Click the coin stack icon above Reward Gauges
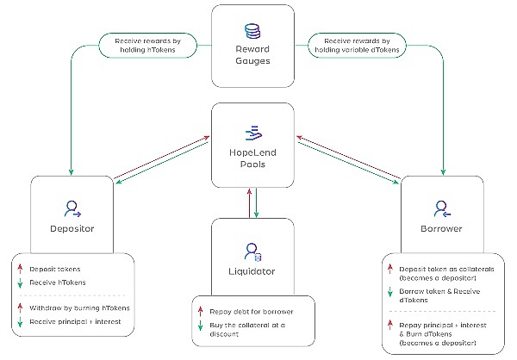(x=252, y=32)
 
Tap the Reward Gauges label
(x=252, y=56)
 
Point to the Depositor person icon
(x=72, y=208)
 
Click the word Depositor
(x=72, y=229)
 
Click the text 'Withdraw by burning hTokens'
(x=79, y=307)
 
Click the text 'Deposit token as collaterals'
(x=441, y=270)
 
